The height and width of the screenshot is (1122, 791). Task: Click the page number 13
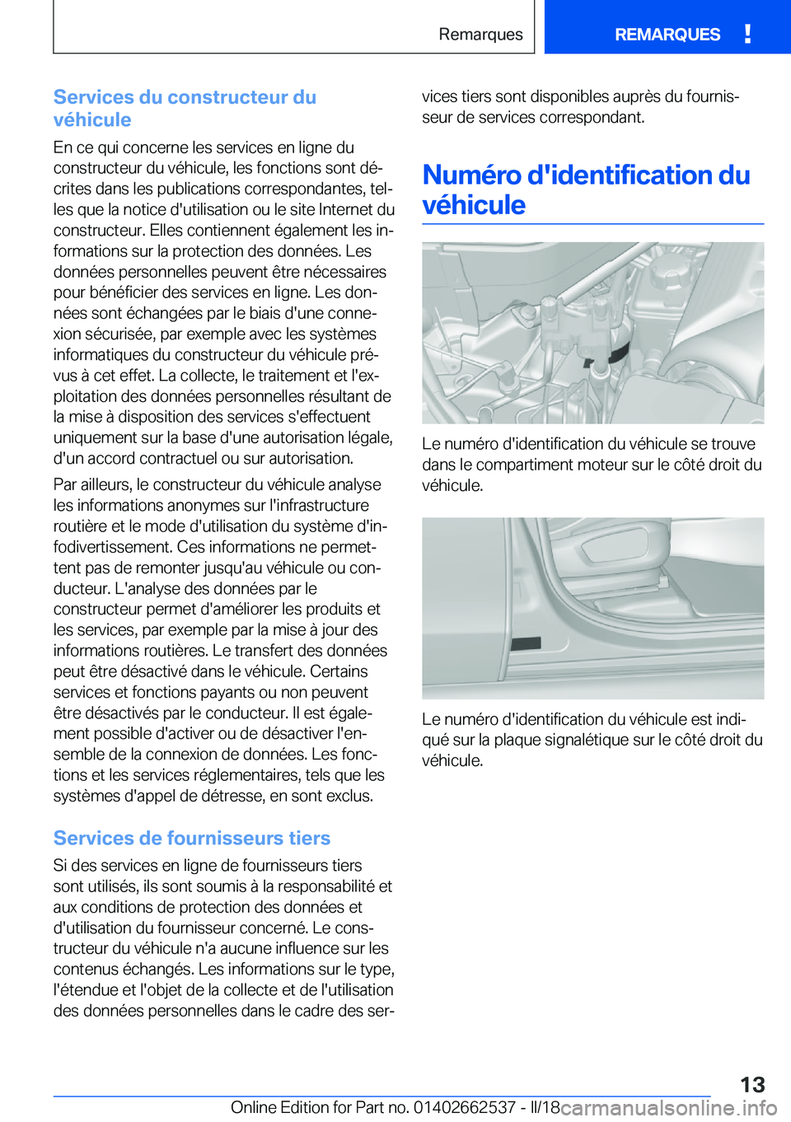pyautogui.click(x=752, y=1084)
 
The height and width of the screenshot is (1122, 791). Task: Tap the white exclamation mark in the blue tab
pyautogui.click(x=747, y=34)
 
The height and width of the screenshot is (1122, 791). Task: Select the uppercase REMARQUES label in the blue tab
pyautogui.click(x=667, y=35)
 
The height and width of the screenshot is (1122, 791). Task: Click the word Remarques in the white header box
pyautogui.click(x=480, y=35)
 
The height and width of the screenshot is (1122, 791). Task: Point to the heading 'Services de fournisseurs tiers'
pyautogui.click(x=192, y=838)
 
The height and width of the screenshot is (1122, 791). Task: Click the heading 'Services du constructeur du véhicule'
pyautogui.click(x=185, y=108)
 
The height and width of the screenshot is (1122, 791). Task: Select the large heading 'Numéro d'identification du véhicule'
pyautogui.click(x=586, y=189)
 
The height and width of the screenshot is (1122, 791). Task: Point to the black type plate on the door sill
pyautogui.click(x=527, y=643)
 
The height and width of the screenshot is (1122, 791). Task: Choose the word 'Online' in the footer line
pyautogui.click(x=253, y=1107)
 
